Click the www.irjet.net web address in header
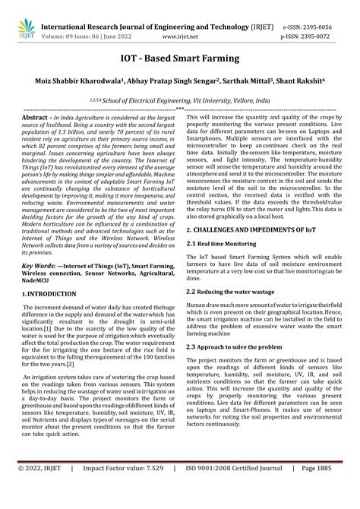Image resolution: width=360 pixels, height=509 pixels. click(178, 24)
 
